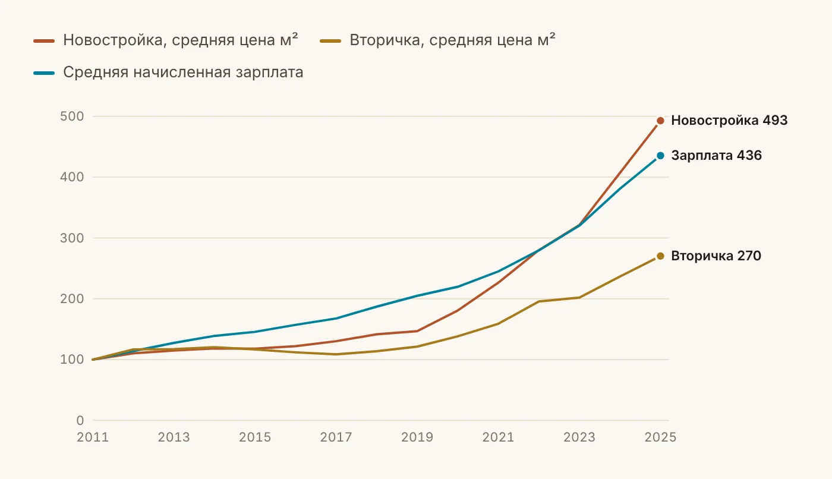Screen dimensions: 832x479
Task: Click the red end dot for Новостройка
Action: tap(660, 121)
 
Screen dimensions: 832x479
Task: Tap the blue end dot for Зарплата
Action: tap(660, 156)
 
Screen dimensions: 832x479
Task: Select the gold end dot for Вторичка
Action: tap(660, 256)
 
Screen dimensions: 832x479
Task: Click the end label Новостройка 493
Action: tap(729, 120)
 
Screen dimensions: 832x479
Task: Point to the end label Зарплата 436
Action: tap(717, 155)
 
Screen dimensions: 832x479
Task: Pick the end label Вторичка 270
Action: tap(716, 256)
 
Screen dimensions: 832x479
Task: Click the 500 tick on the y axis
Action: tap(72, 116)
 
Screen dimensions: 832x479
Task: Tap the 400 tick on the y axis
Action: tap(72, 177)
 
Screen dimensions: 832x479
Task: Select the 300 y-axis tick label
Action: tap(72, 238)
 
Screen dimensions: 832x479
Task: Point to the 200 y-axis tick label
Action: tap(72, 298)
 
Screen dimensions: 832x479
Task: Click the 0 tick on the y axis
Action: tap(80, 420)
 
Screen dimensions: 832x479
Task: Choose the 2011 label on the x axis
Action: tap(93, 437)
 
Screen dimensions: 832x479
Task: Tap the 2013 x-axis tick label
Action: tap(174, 437)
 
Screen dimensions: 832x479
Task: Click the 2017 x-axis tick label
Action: tap(336, 437)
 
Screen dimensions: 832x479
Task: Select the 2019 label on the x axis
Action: tap(417, 437)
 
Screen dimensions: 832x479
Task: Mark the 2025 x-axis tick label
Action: tap(660, 437)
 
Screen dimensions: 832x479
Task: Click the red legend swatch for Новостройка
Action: tap(44, 41)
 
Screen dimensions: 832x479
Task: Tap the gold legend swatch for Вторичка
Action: tap(330, 41)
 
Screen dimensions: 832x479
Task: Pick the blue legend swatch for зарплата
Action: tap(44, 73)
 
